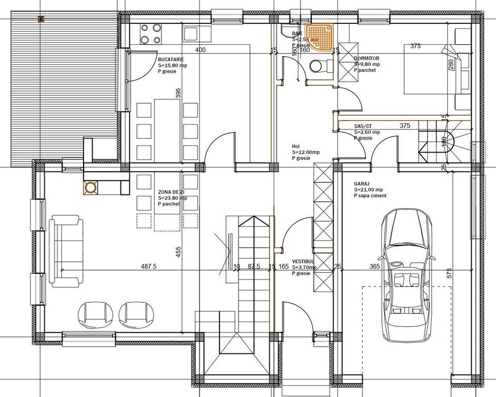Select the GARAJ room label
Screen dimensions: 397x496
[362, 184]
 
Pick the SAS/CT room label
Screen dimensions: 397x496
[362, 126]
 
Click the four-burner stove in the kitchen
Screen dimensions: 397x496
[149, 33]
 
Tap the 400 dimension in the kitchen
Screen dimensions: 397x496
[200, 50]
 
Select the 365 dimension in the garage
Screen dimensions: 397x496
[374, 265]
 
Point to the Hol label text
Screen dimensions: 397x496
[295, 146]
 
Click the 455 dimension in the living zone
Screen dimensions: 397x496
[178, 251]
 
